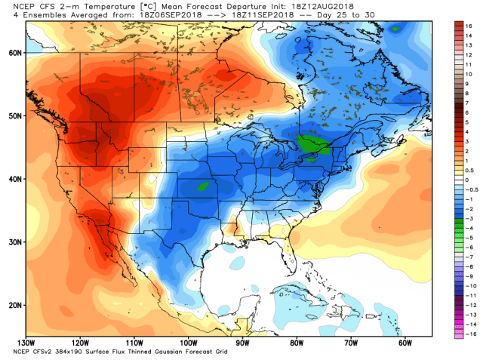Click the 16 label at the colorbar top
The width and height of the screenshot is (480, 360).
pos(469,25)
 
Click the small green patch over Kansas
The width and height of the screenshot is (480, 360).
pos(202,185)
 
